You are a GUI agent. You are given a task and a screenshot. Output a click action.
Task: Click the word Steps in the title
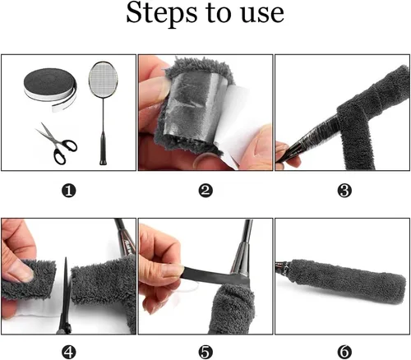[x=161, y=13]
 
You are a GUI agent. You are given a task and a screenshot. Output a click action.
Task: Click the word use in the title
[x=262, y=14]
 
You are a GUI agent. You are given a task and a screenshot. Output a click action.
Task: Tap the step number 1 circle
[x=68, y=191]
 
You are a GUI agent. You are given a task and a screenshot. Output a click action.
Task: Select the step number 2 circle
[x=205, y=191]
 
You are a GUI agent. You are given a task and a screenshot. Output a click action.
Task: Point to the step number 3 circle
[x=344, y=191]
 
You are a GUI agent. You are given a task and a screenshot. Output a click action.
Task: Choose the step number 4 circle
[x=68, y=352]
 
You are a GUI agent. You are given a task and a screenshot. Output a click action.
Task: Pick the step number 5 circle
[x=205, y=352]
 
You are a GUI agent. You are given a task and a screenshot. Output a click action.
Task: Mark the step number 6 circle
[x=344, y=352]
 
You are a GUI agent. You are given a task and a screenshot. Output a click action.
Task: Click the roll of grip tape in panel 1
[x=51, y=88]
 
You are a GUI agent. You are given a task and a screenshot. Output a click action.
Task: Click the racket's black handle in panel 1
[x=103, y=149]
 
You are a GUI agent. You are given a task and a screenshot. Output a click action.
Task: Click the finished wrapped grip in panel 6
[x=348, y=281]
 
